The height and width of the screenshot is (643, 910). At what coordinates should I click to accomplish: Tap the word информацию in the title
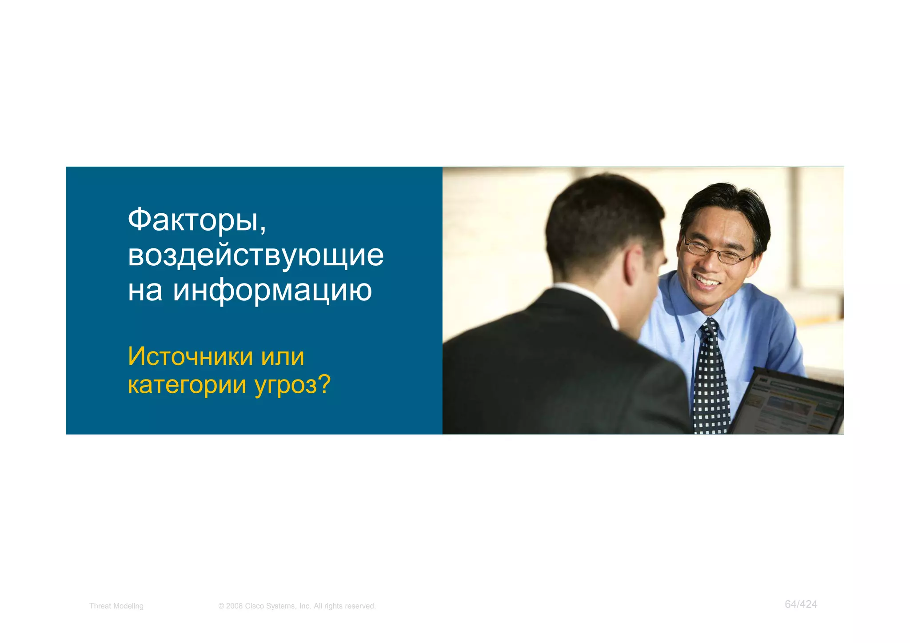(272, 291)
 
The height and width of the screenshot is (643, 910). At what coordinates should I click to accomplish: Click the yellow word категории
(187, 385)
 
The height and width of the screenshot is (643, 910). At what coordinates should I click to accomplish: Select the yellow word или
(283, 357)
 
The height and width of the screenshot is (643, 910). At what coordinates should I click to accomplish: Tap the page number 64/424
(801, 604)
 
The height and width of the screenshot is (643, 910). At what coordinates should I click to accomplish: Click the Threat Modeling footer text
(116, 606)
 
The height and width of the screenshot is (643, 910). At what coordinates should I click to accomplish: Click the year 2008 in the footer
(234, 606)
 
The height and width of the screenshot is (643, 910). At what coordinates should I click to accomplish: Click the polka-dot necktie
(710, 378)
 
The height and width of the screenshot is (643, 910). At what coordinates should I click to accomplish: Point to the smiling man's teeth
(707, 281)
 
